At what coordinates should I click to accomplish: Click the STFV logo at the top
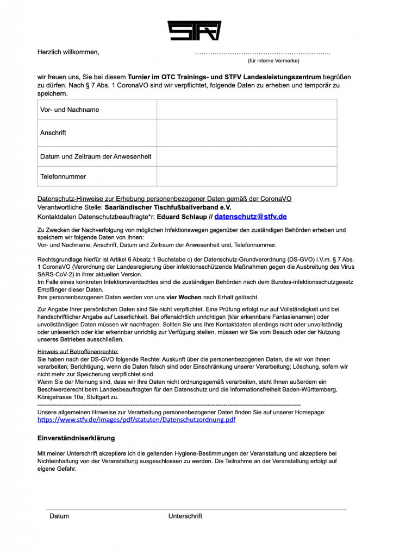click(194, 30)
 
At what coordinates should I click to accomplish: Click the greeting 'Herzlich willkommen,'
click(68, 52)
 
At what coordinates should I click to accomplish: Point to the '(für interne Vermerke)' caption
click(273, 61)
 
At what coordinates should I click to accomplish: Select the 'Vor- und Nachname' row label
click(70, 110)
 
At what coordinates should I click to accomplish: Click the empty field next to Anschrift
click(247, 133)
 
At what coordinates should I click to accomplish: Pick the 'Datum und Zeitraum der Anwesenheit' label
click(96, 156)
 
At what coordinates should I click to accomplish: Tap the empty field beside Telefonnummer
click(247, 176)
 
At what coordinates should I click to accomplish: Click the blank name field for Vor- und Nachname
click(247, 110)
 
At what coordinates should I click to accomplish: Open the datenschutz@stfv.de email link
click(251, 217)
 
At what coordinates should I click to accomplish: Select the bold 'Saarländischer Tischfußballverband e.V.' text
click(168, 207)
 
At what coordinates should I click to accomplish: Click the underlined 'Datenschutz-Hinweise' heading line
click(164, 199)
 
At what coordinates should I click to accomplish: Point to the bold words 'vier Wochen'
click(183, 297)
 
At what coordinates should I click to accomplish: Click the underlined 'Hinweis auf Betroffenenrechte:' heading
click(78, 352)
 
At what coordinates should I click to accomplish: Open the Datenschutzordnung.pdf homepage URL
click(136, 420)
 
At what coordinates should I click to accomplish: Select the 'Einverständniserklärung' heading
click(76, 438)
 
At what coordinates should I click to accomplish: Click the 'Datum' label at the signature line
click(59, 516)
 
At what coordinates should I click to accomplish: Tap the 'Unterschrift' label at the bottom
click(185, 516)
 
